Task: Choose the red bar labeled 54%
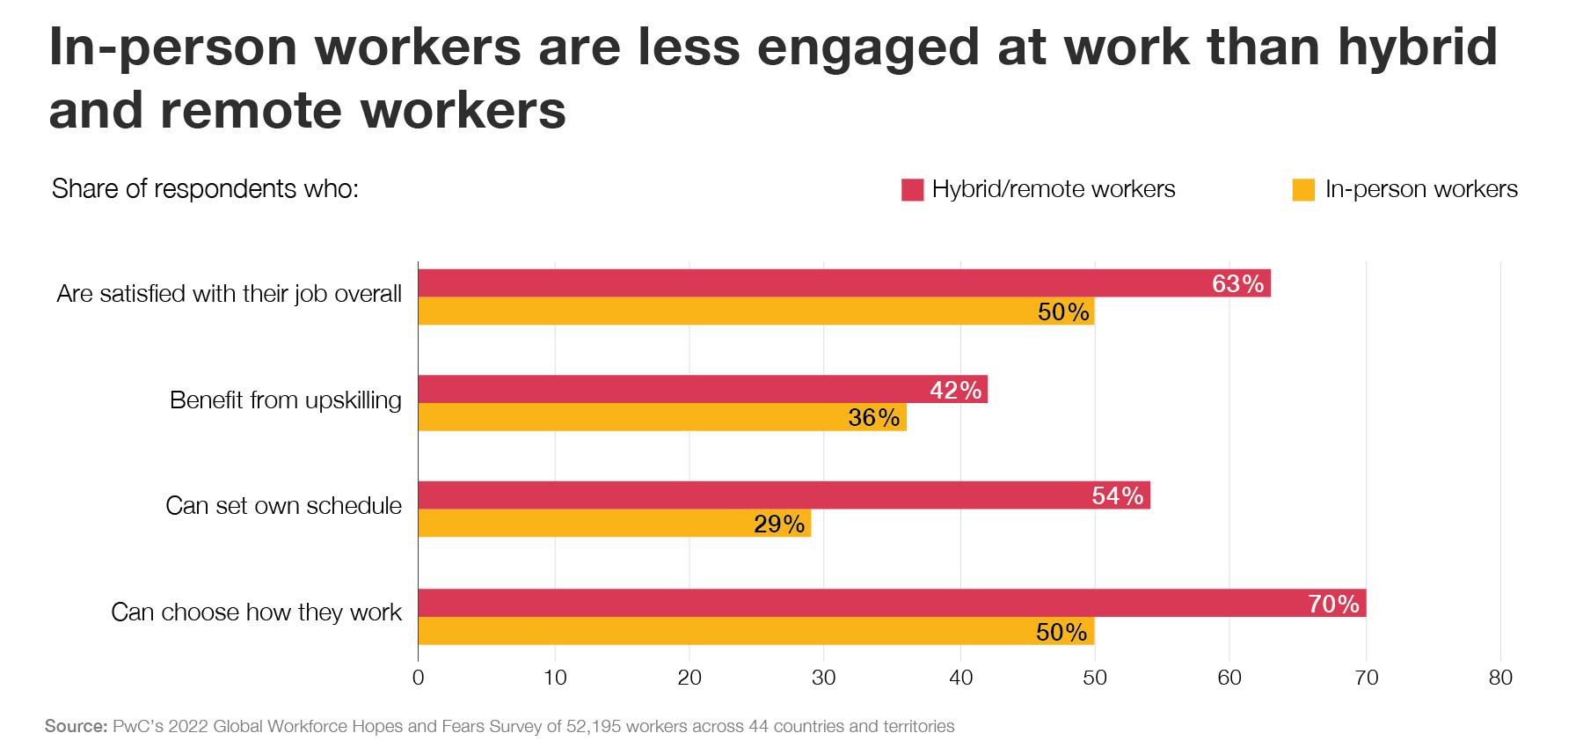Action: pos(783,495)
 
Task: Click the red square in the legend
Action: pos(912,189)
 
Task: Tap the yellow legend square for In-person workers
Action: pos(1303,189)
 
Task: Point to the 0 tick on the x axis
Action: pos(418,678)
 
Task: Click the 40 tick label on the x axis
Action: pos(960,678)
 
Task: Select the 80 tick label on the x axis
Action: pos(1500,678)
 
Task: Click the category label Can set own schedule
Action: pos(283,506)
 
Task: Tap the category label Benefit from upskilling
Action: pos(285,400)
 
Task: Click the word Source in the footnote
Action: pos(75,727)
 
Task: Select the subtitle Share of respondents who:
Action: pos(205,189)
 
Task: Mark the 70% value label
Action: pos(1334,604)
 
